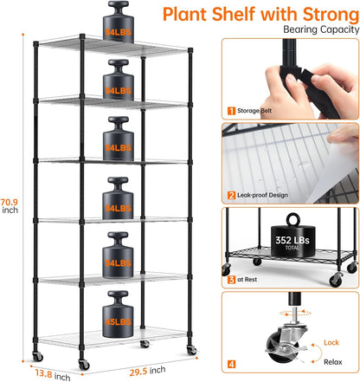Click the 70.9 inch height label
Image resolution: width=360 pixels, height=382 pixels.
pos(11,203)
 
